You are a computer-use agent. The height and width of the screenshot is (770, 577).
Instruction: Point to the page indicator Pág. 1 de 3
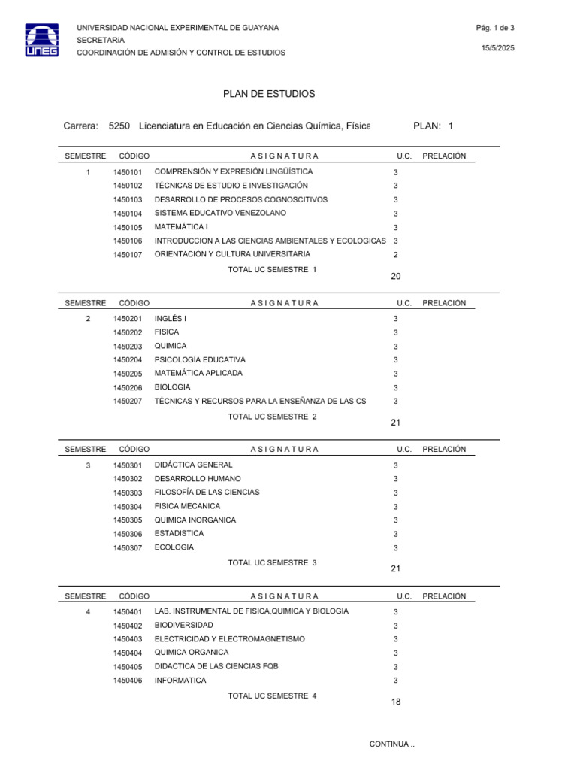[494, 28]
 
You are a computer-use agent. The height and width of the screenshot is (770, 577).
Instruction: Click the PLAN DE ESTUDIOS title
[269, 94]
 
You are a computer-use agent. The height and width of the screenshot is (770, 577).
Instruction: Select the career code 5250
[119, 126]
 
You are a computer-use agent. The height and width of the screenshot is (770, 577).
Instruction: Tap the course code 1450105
[128, 228]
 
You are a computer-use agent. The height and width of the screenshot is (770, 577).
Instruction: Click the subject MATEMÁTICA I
[181, 227]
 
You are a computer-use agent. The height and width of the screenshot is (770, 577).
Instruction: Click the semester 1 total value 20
[396, 277]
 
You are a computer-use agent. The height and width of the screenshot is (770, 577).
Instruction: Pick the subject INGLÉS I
[171, 319]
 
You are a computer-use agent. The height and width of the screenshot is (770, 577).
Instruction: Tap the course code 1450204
[128, 360]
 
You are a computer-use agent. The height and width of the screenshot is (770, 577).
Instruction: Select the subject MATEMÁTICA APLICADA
[198, 373]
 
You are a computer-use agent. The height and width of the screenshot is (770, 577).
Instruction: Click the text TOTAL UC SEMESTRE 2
[272, 417]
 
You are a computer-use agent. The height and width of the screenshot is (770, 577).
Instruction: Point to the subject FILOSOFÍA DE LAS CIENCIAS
[207, 493]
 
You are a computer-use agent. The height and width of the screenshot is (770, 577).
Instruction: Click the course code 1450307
[128, 548]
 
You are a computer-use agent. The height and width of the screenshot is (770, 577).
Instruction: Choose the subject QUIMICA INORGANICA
[195, 520]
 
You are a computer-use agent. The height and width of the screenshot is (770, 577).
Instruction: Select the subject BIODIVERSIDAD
[183, 625]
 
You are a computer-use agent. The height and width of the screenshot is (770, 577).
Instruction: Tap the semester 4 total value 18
[396, 702]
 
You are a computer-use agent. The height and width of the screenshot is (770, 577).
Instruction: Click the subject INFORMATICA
[180, 681]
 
